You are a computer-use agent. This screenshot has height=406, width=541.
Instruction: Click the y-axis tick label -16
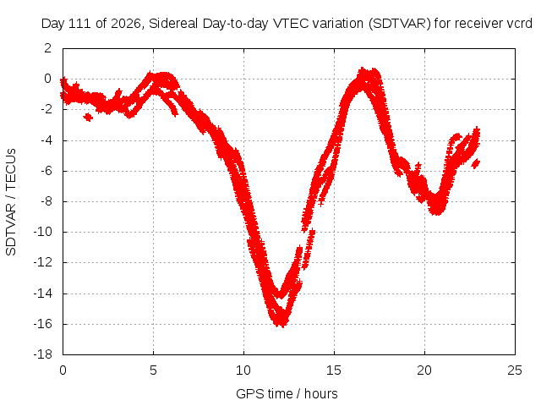[x=42, y=324]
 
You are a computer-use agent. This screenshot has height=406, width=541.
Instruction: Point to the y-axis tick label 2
[x=47, y=48]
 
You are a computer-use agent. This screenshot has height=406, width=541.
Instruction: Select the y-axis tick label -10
[x=42, y=232]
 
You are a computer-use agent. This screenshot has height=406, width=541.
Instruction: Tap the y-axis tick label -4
[x=45, y=140]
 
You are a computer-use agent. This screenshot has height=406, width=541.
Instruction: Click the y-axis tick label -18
[x=42, y=354]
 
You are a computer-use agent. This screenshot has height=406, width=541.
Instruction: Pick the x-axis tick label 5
[x=153, y=370]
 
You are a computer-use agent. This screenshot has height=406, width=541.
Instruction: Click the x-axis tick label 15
[x=334, y=370]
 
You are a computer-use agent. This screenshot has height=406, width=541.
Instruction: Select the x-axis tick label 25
[x=515, y=370]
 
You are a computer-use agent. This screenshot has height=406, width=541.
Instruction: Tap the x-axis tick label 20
[x=424, y=370]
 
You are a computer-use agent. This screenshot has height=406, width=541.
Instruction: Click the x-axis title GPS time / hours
[x=287, y=394]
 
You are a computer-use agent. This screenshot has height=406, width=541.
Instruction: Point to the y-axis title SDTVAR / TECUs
[x=11, y=202]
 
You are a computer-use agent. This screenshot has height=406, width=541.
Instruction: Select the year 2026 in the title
[x=125, y=24]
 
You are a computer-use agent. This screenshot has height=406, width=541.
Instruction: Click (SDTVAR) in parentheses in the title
[x=400, y=24]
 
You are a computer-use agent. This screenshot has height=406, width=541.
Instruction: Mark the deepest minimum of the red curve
[x=282, y=325]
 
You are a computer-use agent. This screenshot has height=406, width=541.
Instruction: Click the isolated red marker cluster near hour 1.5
[x=88, y=118]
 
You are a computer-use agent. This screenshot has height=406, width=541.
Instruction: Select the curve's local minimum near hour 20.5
[x=437, y=211]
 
